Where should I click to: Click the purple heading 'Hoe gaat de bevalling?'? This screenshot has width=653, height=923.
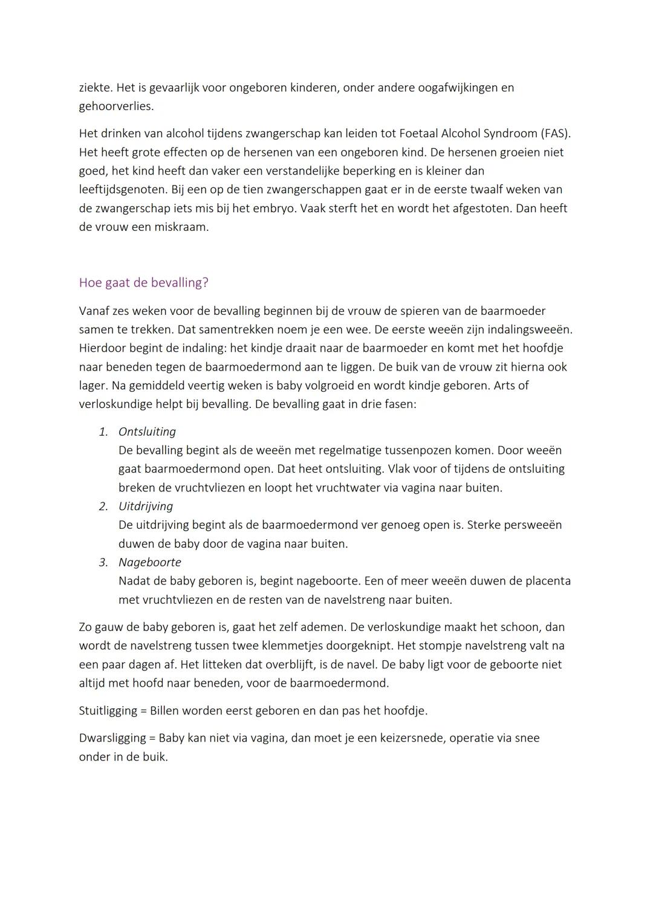point(143,283)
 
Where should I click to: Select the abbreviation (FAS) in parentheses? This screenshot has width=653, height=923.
point(555,134)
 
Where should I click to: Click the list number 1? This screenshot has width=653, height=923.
point(103,432)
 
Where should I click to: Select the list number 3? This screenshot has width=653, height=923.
point(103,563)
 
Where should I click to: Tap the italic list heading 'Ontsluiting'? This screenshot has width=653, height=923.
point(147,432)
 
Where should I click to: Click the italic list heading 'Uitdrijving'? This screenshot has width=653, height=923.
point(146,507)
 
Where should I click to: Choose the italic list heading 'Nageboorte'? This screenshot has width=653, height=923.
point(150,563)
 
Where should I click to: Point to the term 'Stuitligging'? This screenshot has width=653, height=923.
point(107,711)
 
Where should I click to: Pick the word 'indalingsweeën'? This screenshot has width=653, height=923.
point(529,330)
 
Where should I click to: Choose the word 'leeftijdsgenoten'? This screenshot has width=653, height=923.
point(123,190)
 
